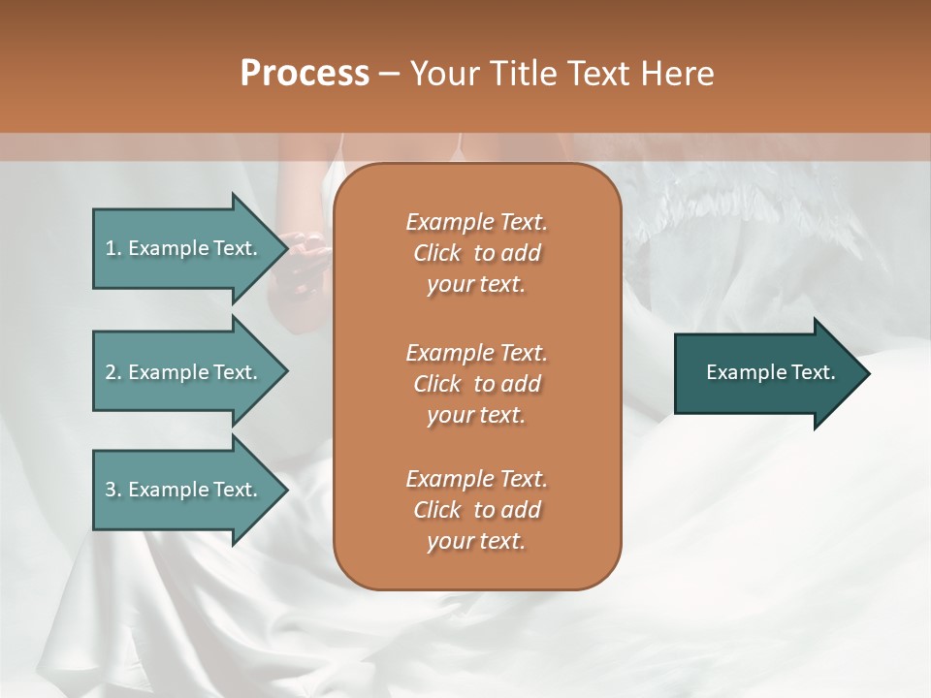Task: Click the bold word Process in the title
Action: (x=305, y=74)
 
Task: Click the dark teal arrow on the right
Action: (x=766, y=372)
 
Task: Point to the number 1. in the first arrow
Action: (x=113, y=248)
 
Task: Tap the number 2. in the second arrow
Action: (x=113, y=372)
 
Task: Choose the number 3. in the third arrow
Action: (x=113, y=490)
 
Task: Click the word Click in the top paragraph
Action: (x=437, y=253)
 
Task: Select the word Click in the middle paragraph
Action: (x=437, y=384)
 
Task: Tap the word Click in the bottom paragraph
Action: (x=437, y=510)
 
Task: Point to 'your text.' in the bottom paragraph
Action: (x=476, y=542)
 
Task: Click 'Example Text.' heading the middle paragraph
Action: (x=476, y=353)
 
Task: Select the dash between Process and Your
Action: (x=390, y=74)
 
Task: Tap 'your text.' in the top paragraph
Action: (x=476, y=285)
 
